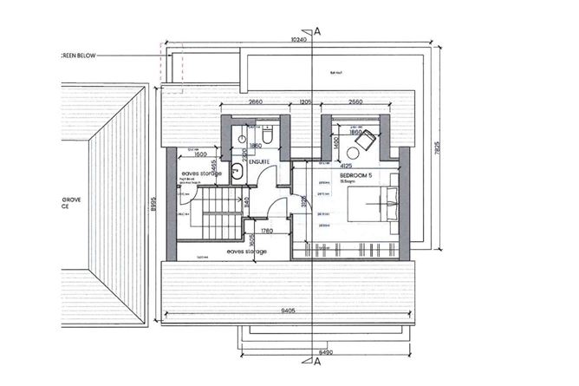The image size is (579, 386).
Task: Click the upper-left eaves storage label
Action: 201,174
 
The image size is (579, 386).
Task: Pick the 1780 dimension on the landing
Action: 267,231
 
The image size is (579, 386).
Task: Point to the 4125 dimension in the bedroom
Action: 345,166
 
